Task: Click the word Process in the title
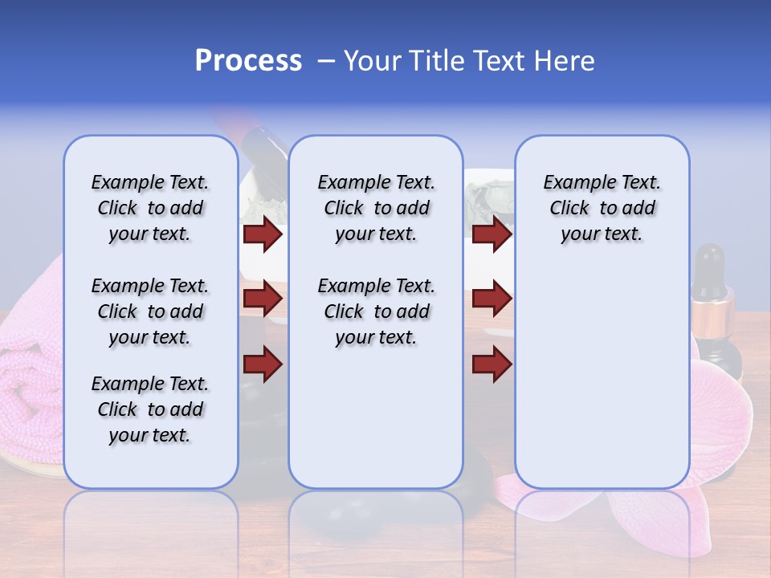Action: tap(248, 61)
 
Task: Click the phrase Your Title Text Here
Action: tap(469, 61)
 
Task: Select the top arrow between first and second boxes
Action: tap(263, 234)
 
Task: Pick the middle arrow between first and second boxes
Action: tap(263, 299)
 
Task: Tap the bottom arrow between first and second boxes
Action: tap(263, 364)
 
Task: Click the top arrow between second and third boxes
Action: tap(492, 234)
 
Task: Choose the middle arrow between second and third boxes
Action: tap(492, 299)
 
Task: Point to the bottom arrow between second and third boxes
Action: tap(492, 364)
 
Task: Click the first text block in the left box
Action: tap(150, 208)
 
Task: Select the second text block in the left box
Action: tap(150, 311)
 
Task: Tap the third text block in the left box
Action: tap(150, 409)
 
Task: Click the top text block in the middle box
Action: tap(376, 208)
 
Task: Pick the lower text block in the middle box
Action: tap(376, 311)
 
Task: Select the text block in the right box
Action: tap(602, 208)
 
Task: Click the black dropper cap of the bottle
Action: tap(711, 269)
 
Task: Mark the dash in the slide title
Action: tap(326, 62)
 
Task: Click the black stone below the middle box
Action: tap(478, 474)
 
